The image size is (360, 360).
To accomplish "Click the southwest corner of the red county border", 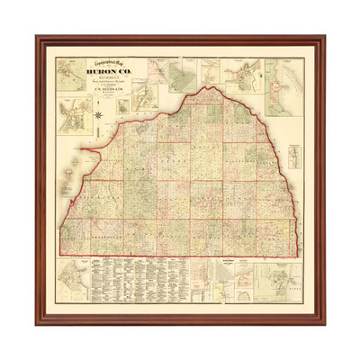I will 62,253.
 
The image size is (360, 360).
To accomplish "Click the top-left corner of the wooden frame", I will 38,37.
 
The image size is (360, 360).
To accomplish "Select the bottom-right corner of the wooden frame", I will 323,323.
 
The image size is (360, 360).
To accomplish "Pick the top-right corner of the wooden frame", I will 323,37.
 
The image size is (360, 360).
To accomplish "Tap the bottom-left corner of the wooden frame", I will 38,323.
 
